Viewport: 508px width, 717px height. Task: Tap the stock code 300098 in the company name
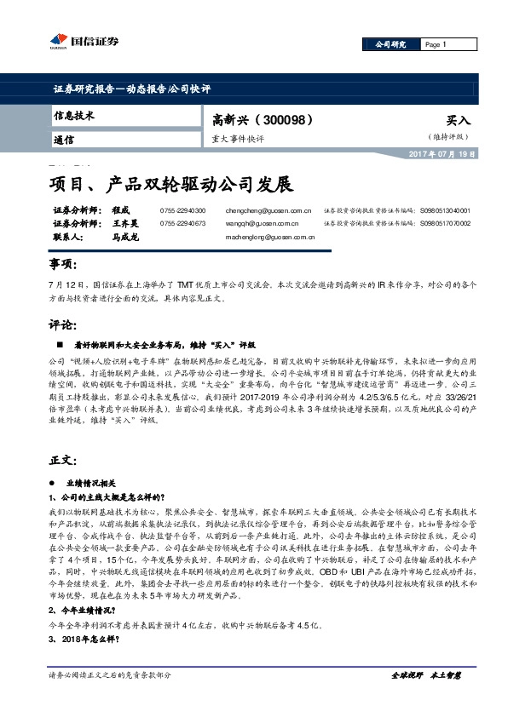(x=274, y=120)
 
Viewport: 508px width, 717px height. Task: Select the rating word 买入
(x=458, y=121)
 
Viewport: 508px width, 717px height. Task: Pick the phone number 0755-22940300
(x=182, y=209)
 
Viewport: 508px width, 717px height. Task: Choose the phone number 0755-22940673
(x=182, y=223)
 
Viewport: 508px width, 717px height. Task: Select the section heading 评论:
(x=63, y=324)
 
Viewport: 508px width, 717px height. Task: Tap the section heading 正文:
(x=63, y=459)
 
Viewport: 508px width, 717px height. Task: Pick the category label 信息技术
(x=72, y=115)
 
